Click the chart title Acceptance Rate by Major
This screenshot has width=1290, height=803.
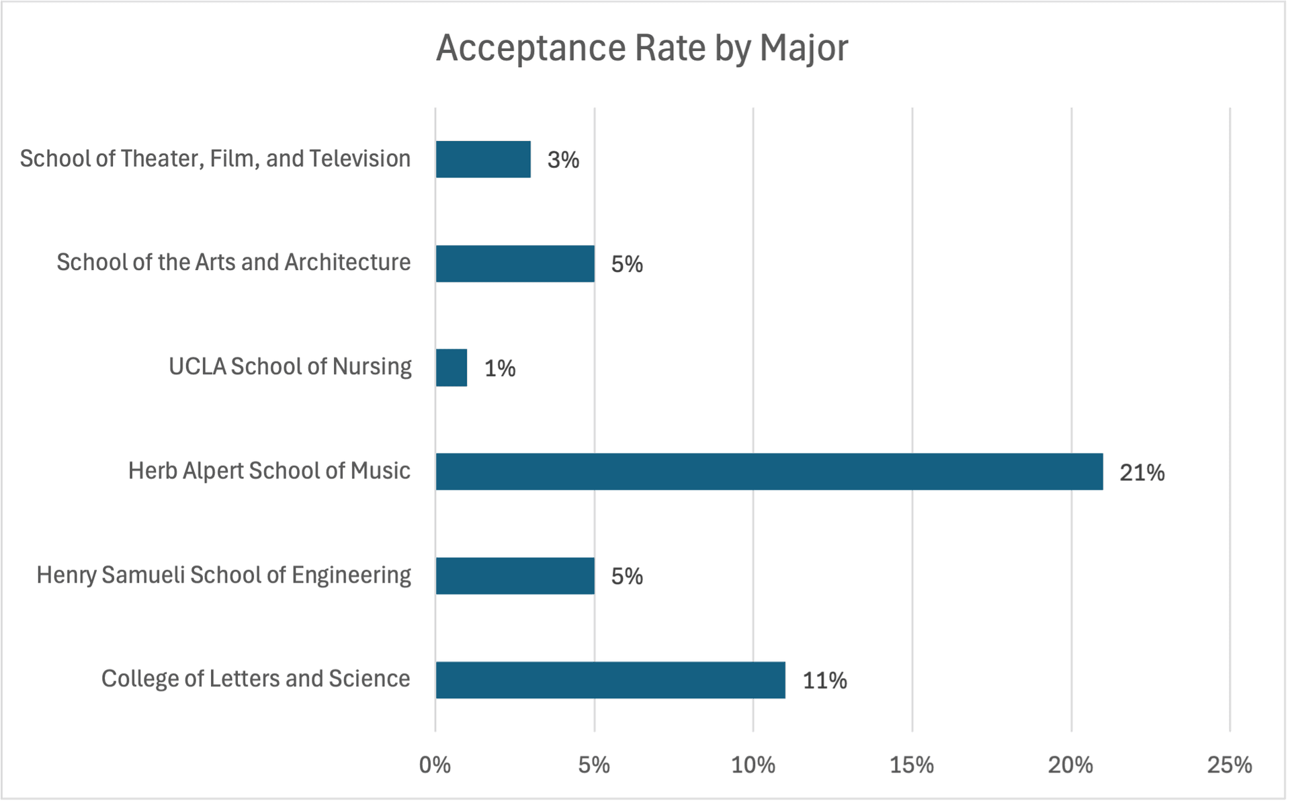coord(642,48)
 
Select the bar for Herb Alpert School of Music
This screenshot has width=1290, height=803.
coord(769,472)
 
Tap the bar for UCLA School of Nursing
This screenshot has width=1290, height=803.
coord(451,368)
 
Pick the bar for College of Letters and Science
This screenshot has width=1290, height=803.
coord(610,680)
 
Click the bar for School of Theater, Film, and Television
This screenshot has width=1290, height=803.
coord(483,159)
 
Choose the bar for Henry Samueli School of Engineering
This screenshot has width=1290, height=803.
coord(515,576)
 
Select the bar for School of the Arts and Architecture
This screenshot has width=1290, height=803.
coord(515,263)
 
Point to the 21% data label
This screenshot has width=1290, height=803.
coord(1142,473)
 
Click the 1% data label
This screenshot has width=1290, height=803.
coord(500,368)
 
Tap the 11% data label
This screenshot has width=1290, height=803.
coord(824,681)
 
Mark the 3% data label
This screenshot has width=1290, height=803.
coord(563,160)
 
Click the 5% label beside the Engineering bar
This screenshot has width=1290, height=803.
coord(627,577)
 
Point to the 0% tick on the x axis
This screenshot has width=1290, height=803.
coord(435,765)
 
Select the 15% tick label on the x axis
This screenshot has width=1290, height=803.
coord(912,765)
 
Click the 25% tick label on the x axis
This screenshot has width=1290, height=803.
coord(1230,765)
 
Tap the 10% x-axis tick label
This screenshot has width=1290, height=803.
coord(752,765)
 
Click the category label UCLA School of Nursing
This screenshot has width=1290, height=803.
coord(290,367)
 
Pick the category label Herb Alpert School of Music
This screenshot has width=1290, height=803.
coord(269,471)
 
